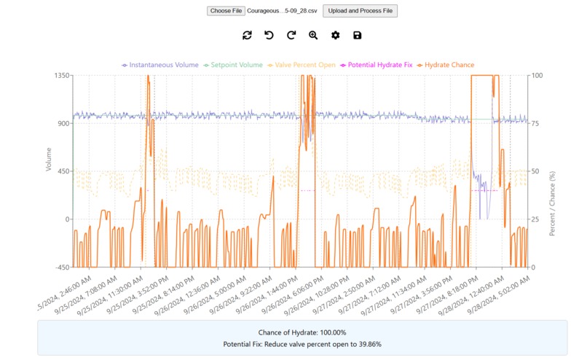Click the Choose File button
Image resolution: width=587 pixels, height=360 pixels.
coord(226,11)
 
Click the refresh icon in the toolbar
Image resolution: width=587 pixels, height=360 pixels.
coord(247,35)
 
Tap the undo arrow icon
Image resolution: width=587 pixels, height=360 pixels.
coord(269,35)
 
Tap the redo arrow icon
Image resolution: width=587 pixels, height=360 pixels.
coord(291,35)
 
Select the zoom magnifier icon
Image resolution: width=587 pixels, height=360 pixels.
coord(313,35)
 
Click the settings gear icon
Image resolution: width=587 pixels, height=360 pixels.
coord(335,35)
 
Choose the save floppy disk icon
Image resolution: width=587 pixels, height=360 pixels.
coord(357,35)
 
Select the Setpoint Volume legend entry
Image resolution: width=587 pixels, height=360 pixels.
coord(231,65)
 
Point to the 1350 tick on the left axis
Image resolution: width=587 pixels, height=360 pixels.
coord(60,75)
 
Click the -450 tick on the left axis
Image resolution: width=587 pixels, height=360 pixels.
coord(60,267)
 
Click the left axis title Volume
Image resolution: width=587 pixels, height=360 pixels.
coord(49,159)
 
